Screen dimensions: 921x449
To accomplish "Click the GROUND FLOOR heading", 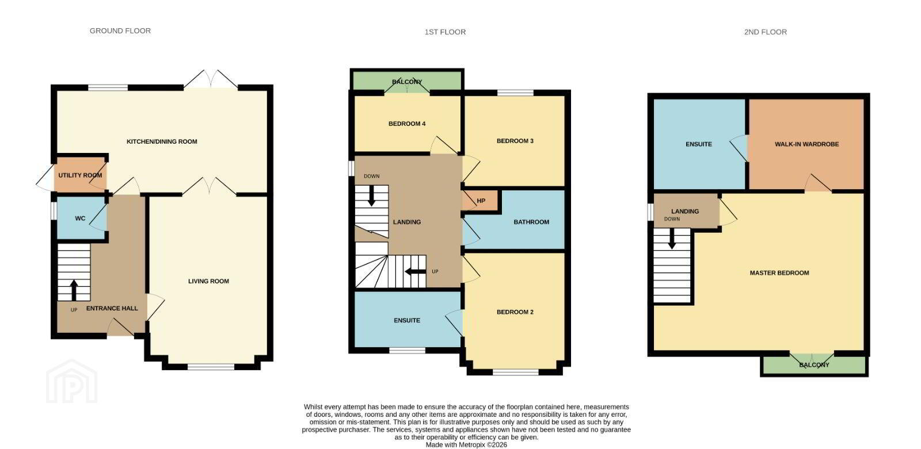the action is [120, 31].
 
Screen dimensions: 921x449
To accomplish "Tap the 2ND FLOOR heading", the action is [765, 32].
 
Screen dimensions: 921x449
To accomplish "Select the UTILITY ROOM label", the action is [80, 175].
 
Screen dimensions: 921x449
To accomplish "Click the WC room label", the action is [80, 218].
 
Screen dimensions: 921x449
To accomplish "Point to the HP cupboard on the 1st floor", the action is [481, 201].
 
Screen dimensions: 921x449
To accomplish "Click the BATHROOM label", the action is [531, 222].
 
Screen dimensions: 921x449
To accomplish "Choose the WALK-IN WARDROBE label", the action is [806, 144].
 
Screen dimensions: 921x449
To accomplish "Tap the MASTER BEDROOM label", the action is [779, 273].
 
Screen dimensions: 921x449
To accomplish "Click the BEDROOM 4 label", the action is [407, 124].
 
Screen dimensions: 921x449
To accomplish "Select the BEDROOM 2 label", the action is [515, 312].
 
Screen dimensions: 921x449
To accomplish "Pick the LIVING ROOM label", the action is [208, 281].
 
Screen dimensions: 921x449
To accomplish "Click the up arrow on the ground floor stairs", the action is [74, 290].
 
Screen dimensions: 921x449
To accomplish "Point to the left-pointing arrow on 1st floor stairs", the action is [415, 271].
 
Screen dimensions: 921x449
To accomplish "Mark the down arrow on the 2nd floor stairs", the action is [672, 239].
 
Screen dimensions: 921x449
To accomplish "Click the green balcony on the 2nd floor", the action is [814, 365].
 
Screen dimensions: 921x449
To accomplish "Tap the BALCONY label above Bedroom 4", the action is [407, 82].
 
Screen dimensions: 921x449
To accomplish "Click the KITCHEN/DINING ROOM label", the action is [162, 142].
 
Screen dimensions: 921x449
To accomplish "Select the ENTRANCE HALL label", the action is [112, 309].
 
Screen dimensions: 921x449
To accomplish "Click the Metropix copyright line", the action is [466, 445].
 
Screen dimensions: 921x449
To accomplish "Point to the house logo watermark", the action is [71, 381].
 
